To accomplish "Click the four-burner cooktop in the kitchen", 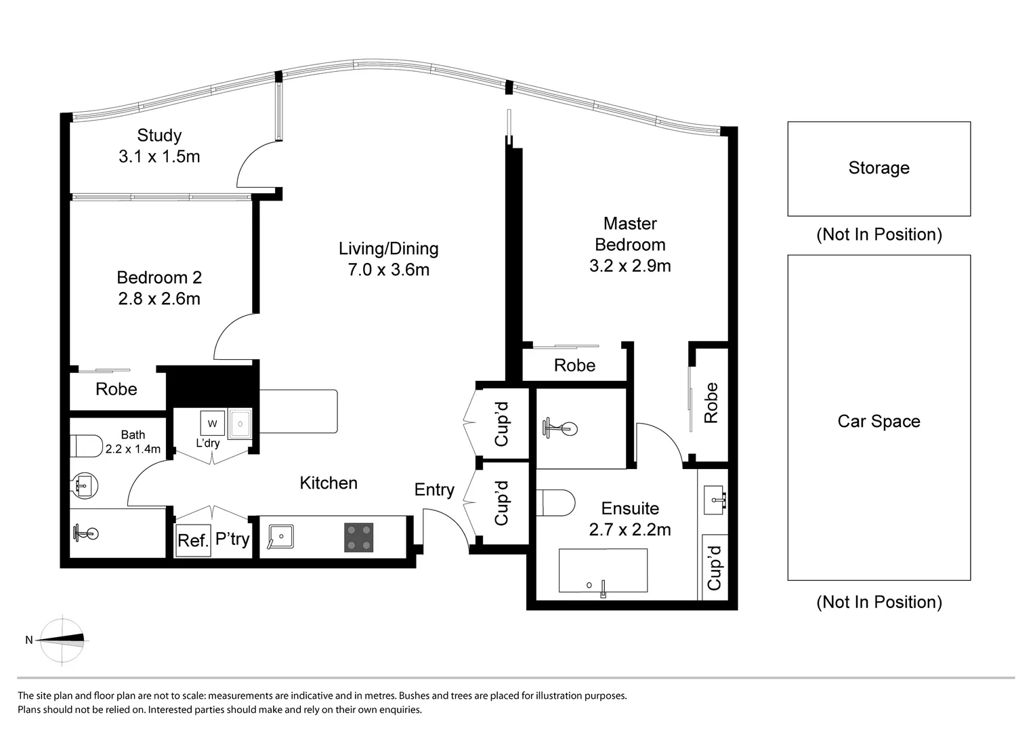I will [x=358, y=537].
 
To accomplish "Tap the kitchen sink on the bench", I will [x=280, y=537].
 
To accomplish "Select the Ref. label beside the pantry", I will [x=192, y=541].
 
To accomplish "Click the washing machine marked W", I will [x=212, y=424].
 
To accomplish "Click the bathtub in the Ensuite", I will [x=603, y=571].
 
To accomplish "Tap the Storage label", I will [x=879, y=168].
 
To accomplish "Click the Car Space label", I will [x=879, y=422].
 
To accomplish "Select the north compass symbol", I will [x=62, y=639].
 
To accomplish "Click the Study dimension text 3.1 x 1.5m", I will [x=159, y=157].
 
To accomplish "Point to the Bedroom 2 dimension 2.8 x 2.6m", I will [x=159, y=299].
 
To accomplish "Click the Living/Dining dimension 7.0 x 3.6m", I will [x=388, y=270].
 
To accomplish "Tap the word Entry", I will [x=434, y=489].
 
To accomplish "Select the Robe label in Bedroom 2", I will [x=117, y=389].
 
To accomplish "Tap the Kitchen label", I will [x=329, y=483].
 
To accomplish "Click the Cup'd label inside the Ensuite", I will [x=714, y=567].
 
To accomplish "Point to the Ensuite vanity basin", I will [x=714, y=500].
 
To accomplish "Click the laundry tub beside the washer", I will [x=240, y=424].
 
